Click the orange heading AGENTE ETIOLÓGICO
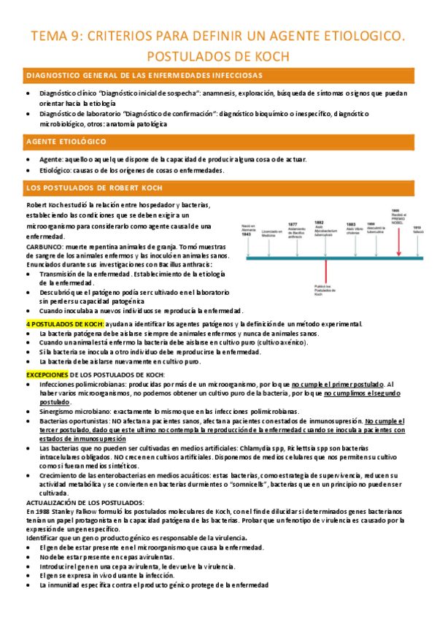pos(66,141)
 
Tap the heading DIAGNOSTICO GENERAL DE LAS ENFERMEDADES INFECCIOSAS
pos(145,75)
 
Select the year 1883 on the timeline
pos(351,225)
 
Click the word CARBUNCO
pos(42,247)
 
